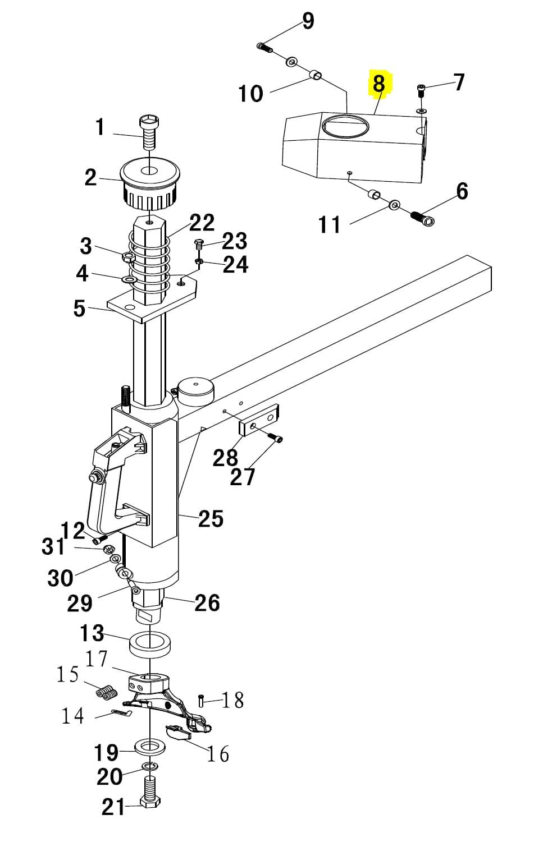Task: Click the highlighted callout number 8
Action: [379, 84]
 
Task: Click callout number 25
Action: [211, 518]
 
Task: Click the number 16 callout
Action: [217, 754]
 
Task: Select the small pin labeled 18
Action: [201, 701]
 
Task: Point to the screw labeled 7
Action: [421, 89]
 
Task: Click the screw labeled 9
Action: [264, 48]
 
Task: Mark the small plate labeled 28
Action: [259, 422]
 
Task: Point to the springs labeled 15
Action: [106, 693]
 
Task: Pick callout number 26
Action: [207, 602]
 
